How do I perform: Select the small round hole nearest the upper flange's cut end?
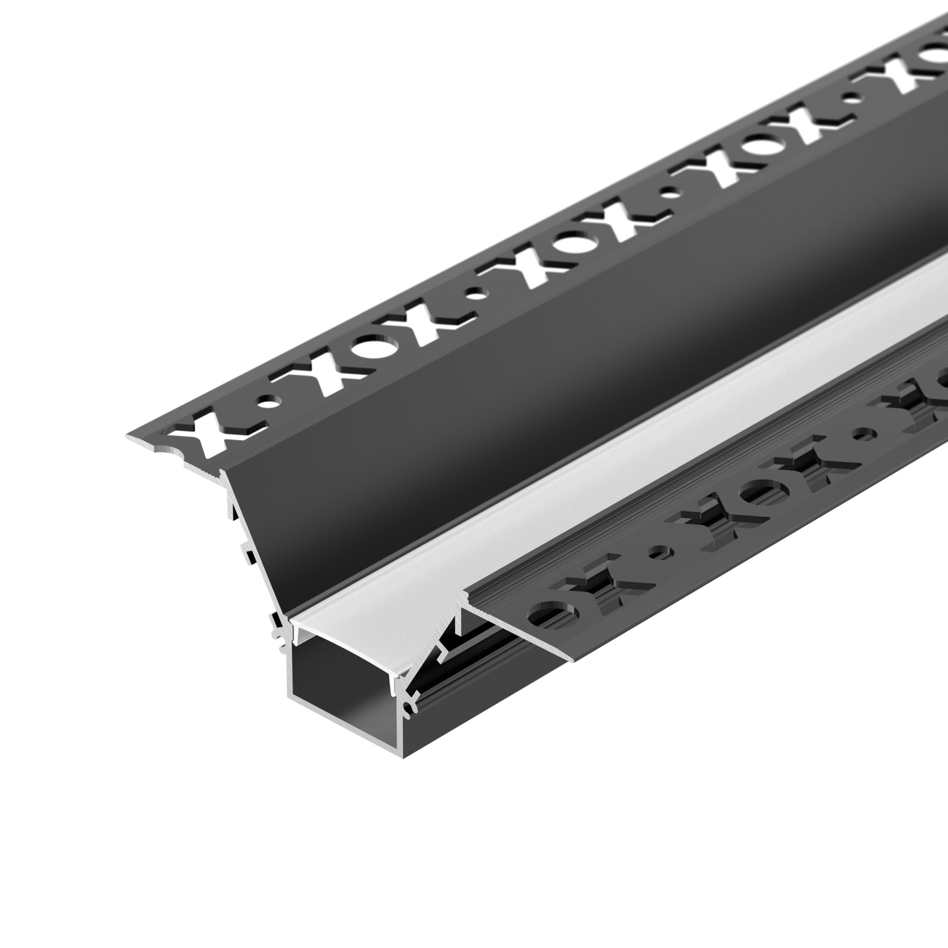pos(267,404)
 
